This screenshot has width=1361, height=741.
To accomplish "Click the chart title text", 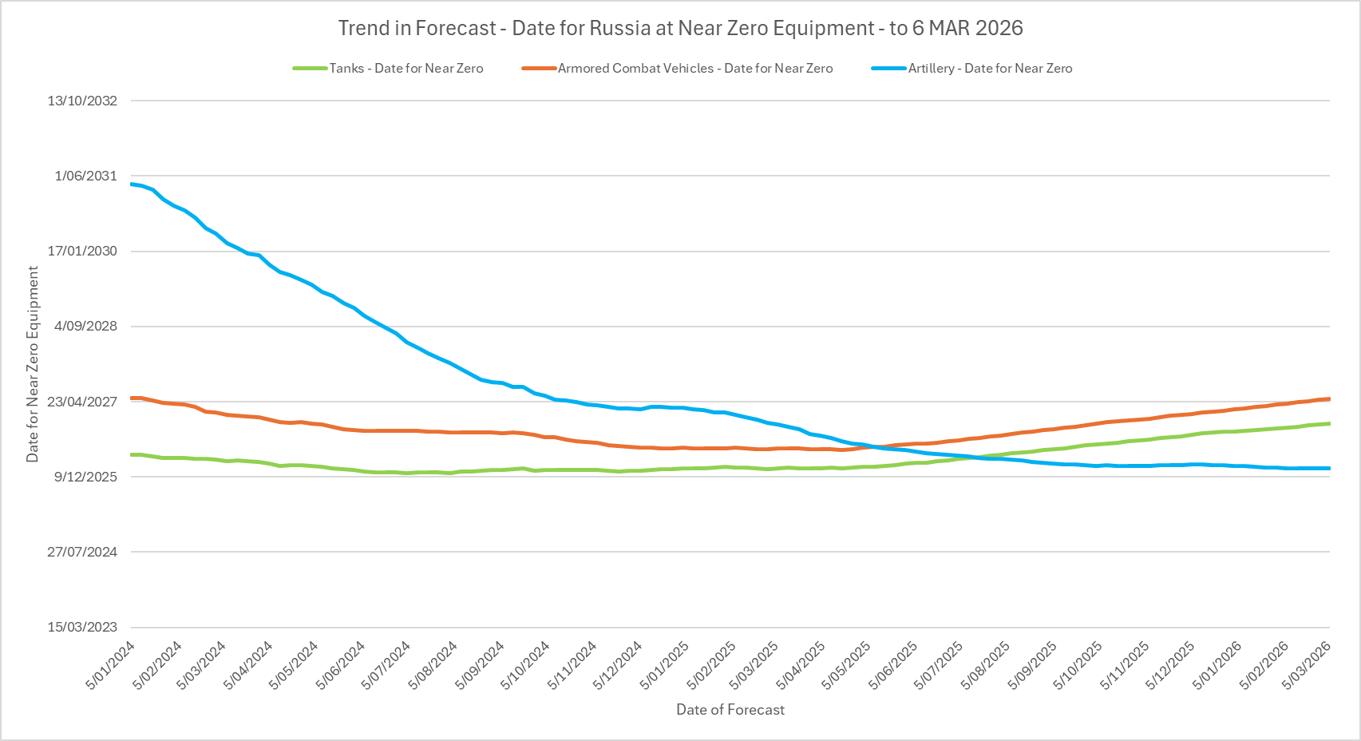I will coord(680,28).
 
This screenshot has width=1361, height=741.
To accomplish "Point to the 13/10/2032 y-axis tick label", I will coord(82,101).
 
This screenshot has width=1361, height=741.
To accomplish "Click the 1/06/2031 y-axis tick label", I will coord(85,176).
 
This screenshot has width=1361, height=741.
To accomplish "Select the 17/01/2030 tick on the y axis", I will coord(82,251).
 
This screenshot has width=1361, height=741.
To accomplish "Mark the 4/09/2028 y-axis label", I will coord(85,326).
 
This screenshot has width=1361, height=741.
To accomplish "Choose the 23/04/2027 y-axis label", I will coord(82,402).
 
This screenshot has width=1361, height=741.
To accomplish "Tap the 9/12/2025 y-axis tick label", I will coord(85,477).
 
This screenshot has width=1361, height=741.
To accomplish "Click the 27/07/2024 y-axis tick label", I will coord(82,552).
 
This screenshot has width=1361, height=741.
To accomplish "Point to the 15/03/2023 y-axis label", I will coord(82,627).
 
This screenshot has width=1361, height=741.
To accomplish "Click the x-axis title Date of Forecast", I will coord(730,710).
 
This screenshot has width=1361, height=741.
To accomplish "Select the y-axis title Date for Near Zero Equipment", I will coord(33,364).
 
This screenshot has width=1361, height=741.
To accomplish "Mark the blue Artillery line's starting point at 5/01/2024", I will coord(132,184).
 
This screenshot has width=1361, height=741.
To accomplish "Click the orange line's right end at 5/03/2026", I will coord(1329,398).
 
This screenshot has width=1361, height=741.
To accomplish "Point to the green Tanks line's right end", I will coord(1329,423).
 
